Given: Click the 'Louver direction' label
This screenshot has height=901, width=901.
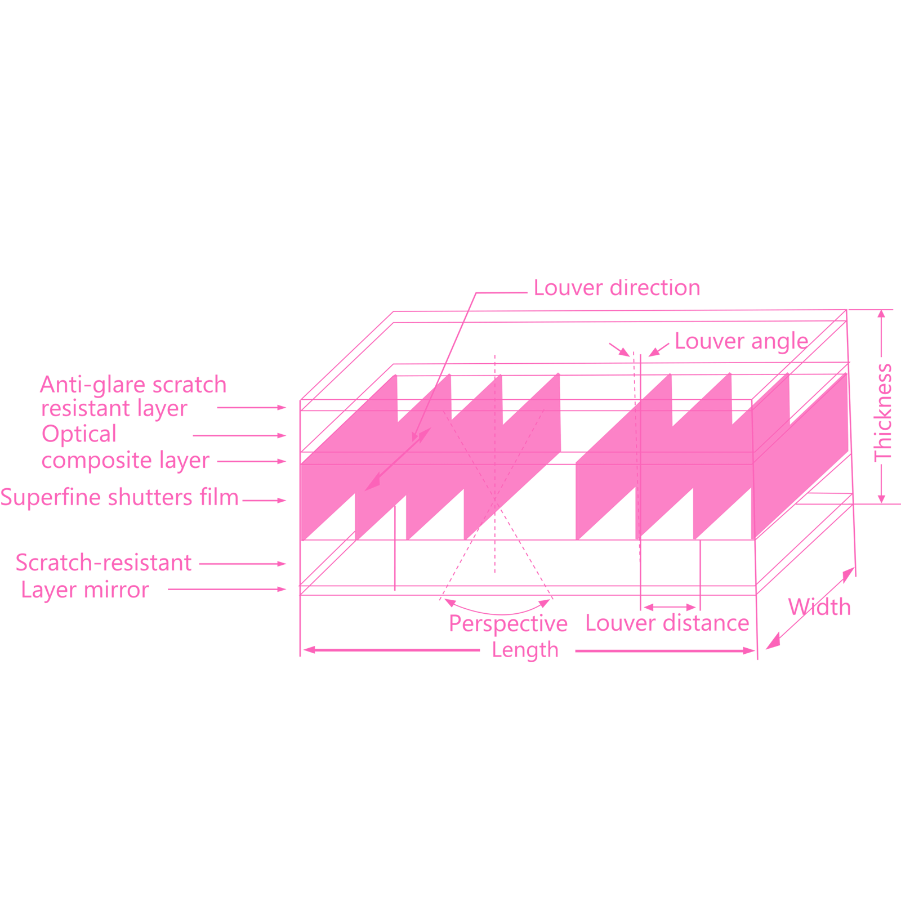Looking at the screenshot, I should [617, 288].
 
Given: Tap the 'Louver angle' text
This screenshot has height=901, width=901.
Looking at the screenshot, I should [741, 341].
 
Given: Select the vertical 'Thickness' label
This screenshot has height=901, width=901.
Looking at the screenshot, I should [883, 413].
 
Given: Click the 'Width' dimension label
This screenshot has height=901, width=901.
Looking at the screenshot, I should [819, 607].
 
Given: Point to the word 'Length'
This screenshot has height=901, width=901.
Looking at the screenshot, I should [525, 650].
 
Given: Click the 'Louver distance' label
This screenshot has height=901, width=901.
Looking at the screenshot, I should [667, 623].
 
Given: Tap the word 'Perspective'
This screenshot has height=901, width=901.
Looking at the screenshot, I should [508, 624].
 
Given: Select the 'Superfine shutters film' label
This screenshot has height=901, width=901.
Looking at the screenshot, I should [119, 498].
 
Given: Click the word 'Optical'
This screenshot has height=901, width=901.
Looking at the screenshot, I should [79, 434].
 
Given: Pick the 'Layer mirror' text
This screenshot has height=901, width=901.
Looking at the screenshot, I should [85, 590].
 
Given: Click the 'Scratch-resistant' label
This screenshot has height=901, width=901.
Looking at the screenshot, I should [104, 563].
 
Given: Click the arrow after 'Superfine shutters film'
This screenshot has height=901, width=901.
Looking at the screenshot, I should [265, 500].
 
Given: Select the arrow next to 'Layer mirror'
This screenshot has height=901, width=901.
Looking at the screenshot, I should [228, 590].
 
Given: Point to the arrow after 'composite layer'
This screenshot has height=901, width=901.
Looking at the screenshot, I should [252, 461].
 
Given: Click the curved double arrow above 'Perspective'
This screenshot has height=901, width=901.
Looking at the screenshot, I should [497, 609].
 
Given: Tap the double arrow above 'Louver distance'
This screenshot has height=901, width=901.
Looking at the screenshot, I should [670, 607].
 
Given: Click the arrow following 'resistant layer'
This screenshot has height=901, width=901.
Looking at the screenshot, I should [252, 407].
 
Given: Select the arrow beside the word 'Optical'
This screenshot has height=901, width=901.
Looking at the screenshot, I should [239, 435].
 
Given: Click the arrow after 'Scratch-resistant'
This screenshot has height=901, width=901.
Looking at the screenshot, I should [243, 564].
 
